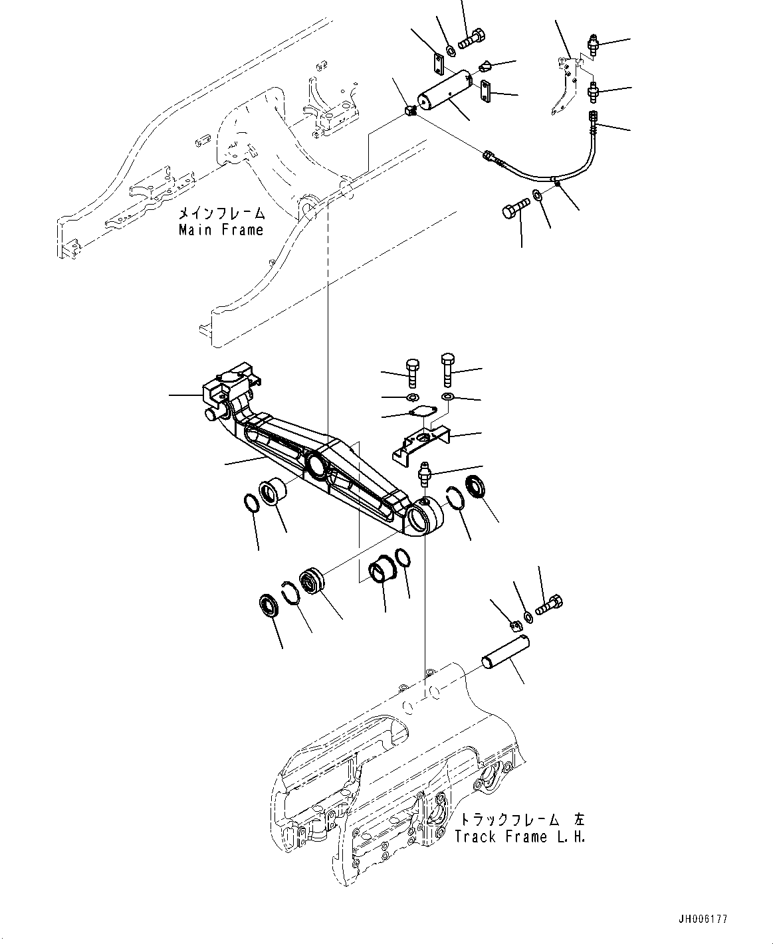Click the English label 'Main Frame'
(x=221, y=231)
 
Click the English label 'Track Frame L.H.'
(x=520, y=836)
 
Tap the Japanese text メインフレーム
(x=221, y=214)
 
